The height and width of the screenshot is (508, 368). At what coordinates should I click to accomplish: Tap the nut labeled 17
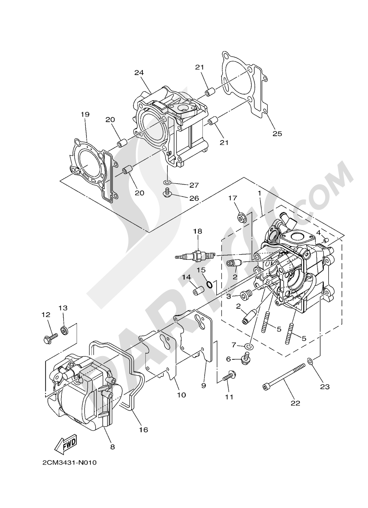(x=241, y=218)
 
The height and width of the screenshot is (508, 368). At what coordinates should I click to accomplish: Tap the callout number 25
(x=277, y=134)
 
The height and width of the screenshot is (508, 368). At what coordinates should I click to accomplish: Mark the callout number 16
(x=144, y=430)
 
